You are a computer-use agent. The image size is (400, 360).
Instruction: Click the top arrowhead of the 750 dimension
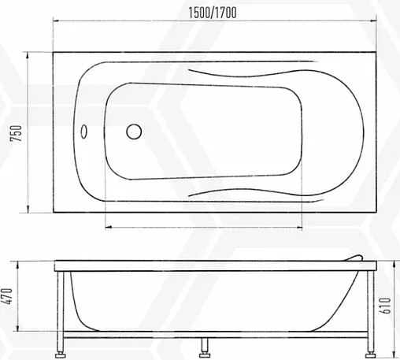[x=28, y=56]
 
